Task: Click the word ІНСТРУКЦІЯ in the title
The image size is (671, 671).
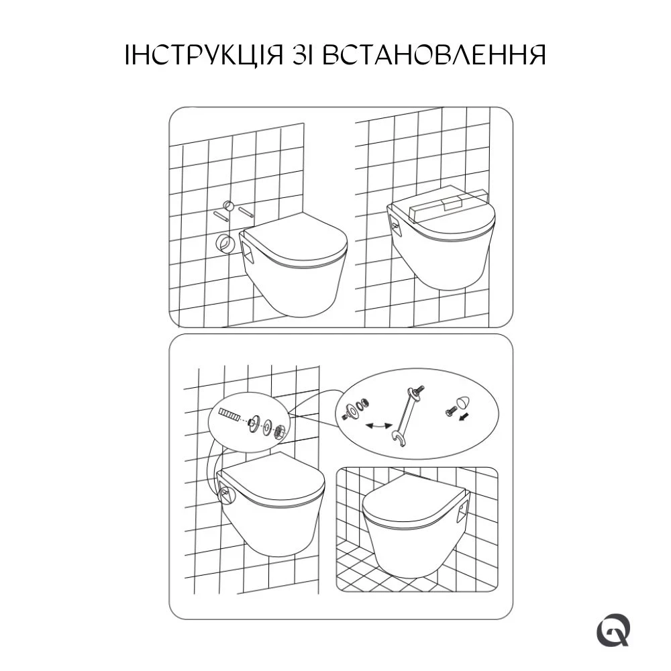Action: [204, 54]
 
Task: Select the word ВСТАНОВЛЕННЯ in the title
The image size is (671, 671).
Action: [434, 54]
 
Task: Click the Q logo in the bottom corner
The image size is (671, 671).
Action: [613, 630]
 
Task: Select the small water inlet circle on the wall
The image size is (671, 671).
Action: [229, 205]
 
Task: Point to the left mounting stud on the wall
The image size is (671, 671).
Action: [220, 215]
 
